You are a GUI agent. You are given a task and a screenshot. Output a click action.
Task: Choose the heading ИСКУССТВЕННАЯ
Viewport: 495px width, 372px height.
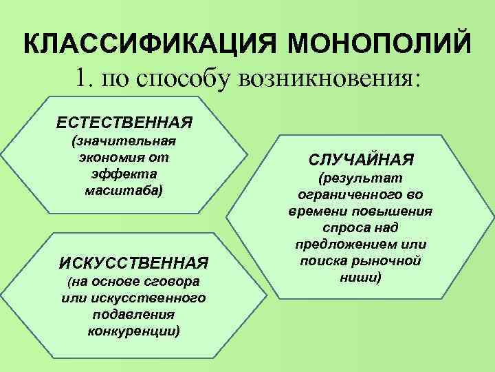tap(134, 262)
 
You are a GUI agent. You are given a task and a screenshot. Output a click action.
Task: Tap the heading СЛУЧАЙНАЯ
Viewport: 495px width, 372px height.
tap(360, 160)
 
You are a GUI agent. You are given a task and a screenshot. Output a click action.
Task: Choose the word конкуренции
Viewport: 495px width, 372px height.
tap(134, 331)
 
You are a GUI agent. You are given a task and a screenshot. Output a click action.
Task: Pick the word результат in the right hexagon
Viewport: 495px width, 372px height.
tap(361, 178)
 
